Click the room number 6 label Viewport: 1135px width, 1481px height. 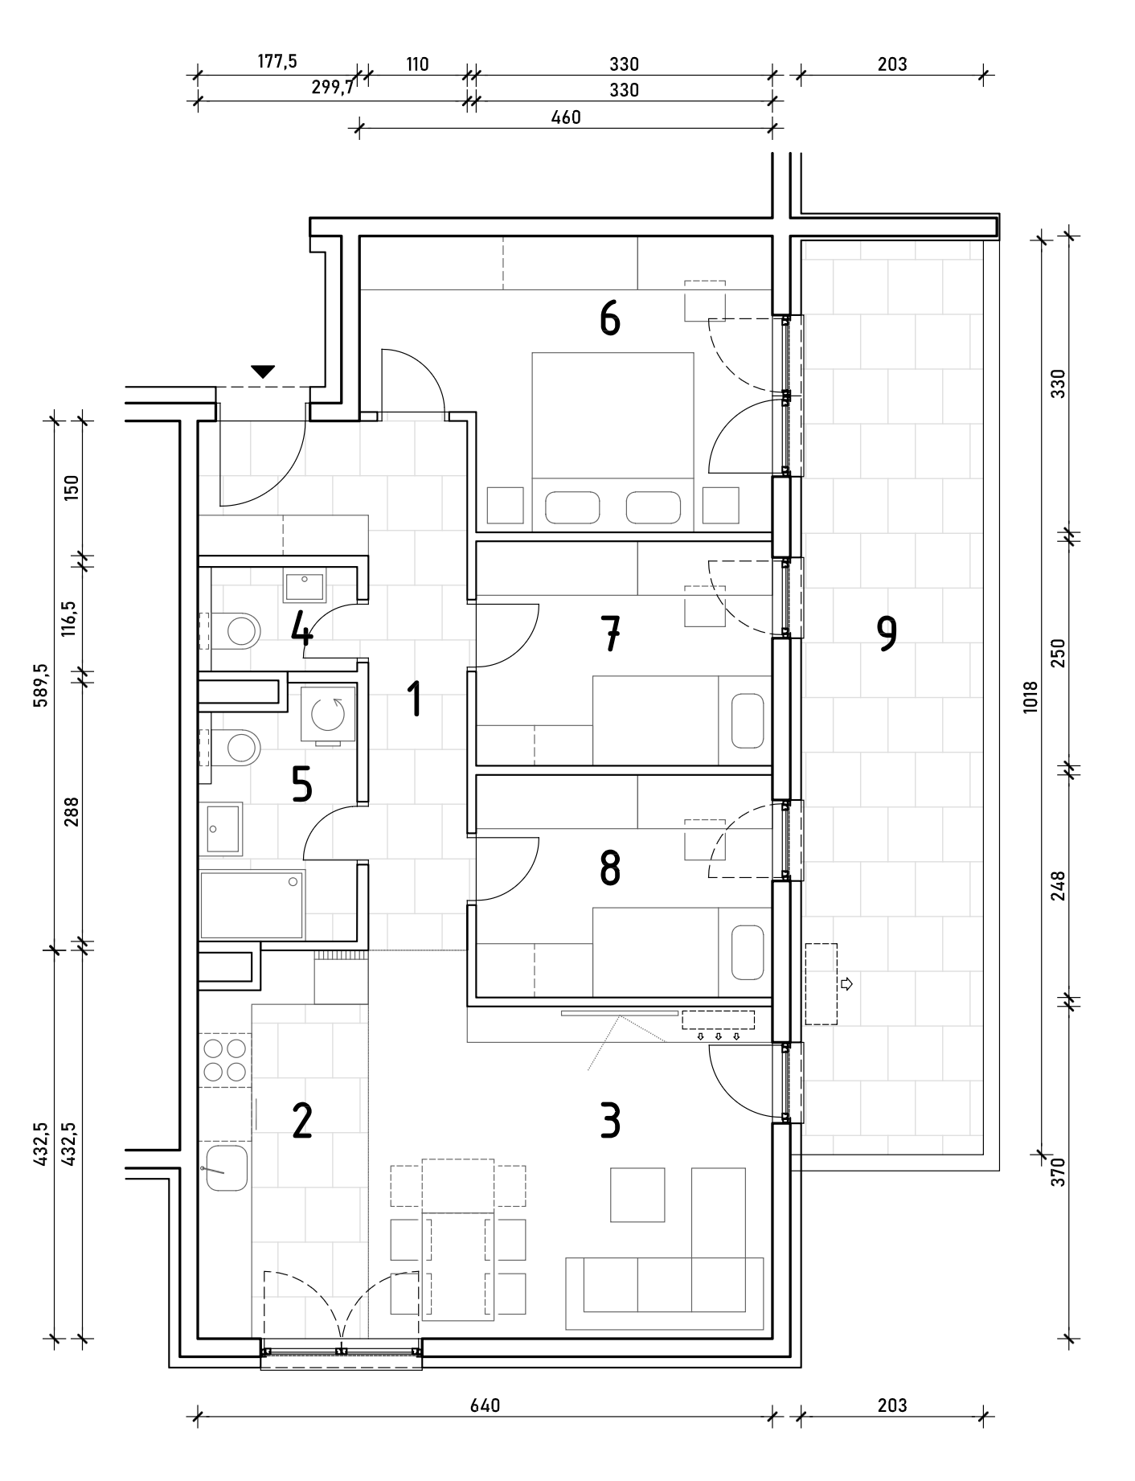click(610, 319)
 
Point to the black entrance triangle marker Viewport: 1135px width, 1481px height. click(263, 371)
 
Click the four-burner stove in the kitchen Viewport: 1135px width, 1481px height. click(225, 1060)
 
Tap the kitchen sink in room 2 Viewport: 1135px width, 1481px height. click(225, 1167)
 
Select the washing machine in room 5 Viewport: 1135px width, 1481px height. click(328, 713)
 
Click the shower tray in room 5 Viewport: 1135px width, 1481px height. click(252, 905)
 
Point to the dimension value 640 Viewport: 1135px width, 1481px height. click(485, 1405)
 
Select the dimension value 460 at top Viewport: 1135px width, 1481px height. click(565, 117)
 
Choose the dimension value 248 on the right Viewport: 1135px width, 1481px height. click(1058, 885)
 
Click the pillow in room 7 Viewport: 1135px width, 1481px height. click(748, 721)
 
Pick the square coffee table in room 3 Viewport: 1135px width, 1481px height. click(637, 1195)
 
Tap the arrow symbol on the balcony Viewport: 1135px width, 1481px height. click(846, 983)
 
